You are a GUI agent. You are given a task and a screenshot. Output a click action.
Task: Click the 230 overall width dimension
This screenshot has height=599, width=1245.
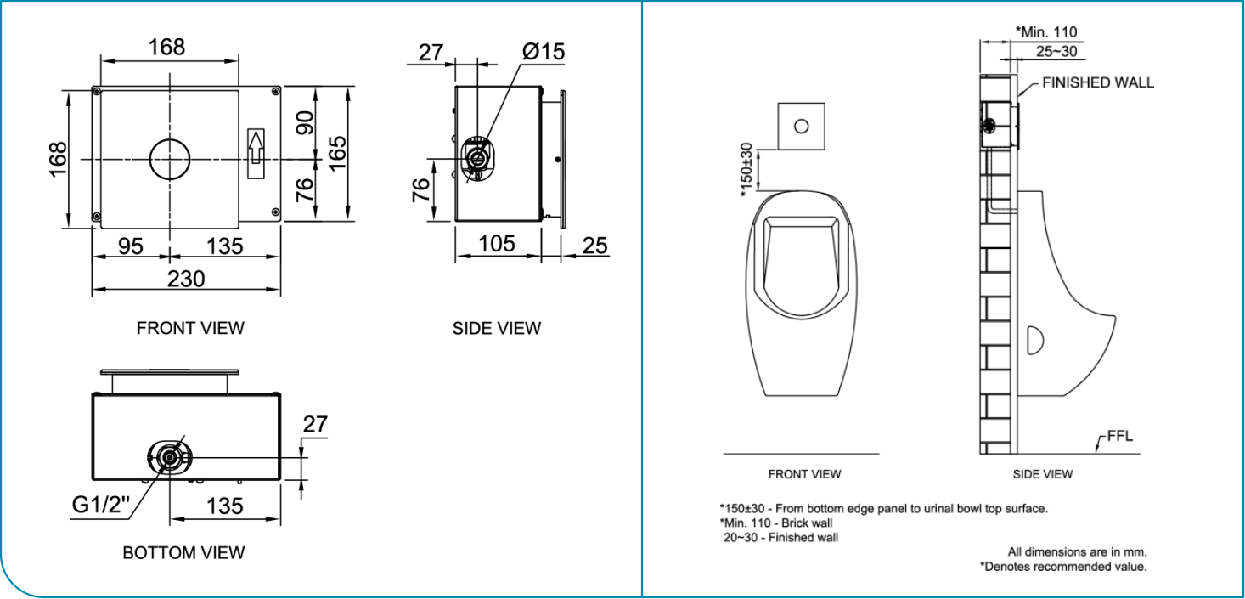click(185, 278)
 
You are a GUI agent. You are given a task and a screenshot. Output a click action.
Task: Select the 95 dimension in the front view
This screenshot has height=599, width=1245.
click(130, 246)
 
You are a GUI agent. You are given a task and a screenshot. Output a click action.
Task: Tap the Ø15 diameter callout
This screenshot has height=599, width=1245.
click(544, 52)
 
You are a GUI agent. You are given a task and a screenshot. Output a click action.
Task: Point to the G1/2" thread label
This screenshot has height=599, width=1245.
click(100, 506)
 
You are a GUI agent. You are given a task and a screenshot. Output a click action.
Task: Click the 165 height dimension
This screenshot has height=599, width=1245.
click(337, 153)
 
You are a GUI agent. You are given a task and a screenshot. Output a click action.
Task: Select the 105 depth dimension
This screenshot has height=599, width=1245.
click(496, 244)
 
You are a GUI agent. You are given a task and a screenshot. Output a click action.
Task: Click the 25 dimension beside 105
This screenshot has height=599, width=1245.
click(595, 246)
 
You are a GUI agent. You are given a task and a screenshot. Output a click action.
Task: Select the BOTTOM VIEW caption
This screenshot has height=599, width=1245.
click(183, 553)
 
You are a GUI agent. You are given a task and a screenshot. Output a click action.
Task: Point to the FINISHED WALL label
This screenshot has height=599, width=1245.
click(1097, 83)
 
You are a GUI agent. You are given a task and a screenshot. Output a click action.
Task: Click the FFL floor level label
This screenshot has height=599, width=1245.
click(1119, 438)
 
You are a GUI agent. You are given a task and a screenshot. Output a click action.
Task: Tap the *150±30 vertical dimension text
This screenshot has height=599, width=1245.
click(746, 170)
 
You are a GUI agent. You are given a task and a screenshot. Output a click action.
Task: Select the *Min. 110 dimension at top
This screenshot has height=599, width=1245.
click(1045, 32)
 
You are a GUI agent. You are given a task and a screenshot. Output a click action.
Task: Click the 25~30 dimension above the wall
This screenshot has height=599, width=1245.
click(1056, 51)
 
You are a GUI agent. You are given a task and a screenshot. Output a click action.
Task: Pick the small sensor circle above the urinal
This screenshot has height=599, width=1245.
click(801, 126)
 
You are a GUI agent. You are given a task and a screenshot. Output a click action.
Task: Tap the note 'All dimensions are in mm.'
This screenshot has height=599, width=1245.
click(1078, 551)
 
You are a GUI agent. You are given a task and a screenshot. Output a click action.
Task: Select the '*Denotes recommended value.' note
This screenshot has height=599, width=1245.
click(1063, 566)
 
